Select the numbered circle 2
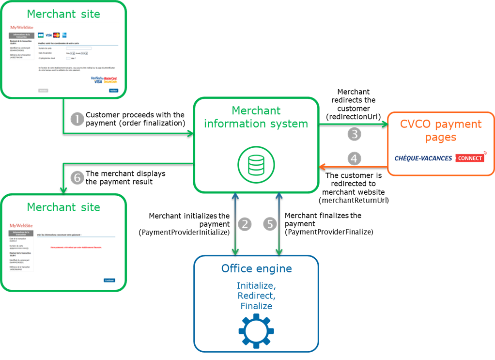[245, 224]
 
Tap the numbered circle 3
[355, 134]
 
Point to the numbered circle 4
[355, 158]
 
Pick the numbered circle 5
[270, 224]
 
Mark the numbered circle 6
[77, 178]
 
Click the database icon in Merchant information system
[256, 164]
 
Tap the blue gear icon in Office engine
[256, 331]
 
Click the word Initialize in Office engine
[256, 285]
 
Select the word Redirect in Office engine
[256, 296]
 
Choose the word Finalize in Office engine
[256, 306]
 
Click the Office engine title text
[256, 268]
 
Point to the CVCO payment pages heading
[441, 131]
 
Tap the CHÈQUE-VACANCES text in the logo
[424, 158]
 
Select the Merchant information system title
[256, 117]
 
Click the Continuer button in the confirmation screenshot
[109, 280]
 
